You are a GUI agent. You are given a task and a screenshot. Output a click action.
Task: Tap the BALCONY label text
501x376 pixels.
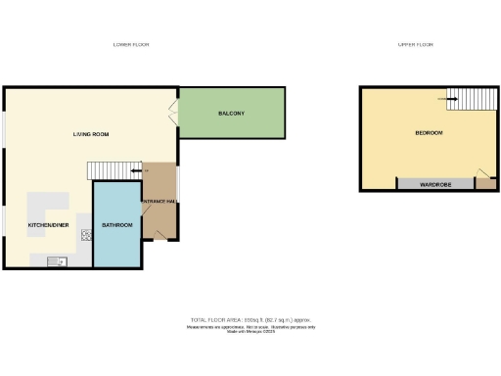pos(231,114)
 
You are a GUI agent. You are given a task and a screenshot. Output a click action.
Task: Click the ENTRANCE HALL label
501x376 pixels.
pos(159,202)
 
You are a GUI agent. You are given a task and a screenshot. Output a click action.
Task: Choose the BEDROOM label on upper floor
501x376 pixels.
pos(429,132)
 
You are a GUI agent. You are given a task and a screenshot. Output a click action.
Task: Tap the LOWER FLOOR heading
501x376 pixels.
pos(130,45)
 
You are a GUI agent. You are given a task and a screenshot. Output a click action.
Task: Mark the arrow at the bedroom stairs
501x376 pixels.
pos(452,96)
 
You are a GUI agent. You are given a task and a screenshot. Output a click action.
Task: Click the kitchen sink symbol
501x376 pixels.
pos(55,260)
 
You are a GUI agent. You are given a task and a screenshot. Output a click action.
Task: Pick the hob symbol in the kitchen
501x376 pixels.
pos(72,235)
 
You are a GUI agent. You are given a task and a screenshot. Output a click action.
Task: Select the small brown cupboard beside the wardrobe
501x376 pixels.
pos(483,181)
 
